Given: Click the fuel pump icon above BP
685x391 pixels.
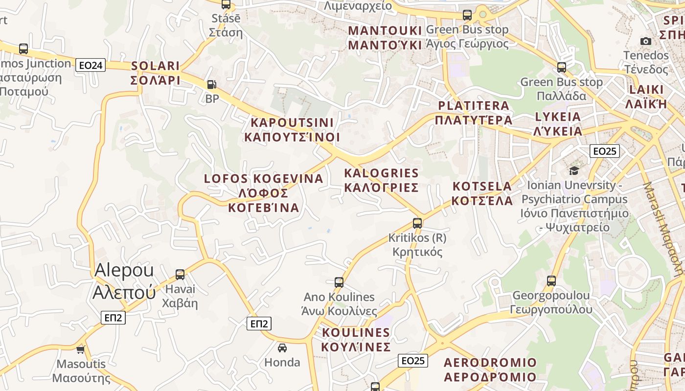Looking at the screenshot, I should (211, 85).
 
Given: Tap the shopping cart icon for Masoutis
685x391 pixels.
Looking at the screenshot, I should (81, 349).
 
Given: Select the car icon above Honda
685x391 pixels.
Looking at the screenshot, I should (282, 348).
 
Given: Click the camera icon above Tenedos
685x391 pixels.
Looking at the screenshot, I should (646, 41).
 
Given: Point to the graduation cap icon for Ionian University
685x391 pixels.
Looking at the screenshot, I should (574, 171).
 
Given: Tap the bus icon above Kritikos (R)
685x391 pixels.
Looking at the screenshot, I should (417, 223).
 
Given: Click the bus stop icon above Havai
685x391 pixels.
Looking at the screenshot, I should (180, 275).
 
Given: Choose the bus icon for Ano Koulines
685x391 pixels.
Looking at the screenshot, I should (339, 282).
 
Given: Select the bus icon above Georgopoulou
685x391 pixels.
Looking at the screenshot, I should (551, 281).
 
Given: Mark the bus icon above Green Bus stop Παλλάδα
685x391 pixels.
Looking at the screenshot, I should (562, 67).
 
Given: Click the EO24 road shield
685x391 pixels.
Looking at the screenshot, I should (91, 65).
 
